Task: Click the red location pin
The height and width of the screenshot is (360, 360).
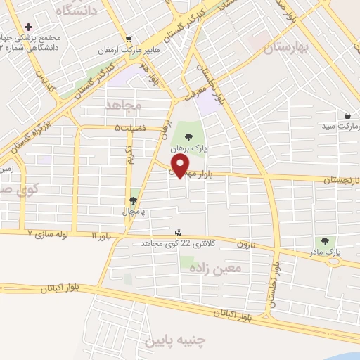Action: pos(180,165)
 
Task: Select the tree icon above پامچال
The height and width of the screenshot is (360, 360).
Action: pos(133,200)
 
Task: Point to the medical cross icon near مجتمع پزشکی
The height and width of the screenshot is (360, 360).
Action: pos(27,26)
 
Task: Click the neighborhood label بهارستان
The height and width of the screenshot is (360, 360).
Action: pos(287,48)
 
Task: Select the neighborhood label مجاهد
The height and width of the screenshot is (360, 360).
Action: pos(124,105)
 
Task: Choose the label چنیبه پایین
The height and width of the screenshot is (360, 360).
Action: pos(174,341)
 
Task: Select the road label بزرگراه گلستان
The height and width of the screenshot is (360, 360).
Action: pos(25,137)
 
